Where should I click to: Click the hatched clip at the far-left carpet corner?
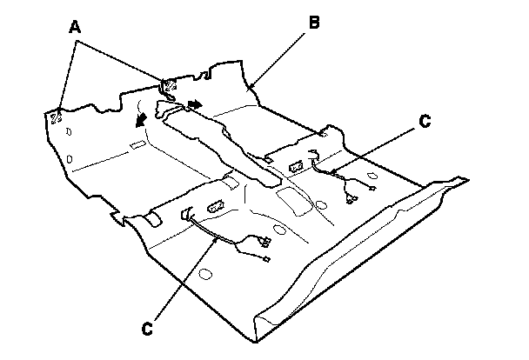point(57,117)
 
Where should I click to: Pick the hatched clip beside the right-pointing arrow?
point(169,86)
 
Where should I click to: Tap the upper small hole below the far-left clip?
point(64,132)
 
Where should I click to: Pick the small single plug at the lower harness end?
point(264,258)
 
